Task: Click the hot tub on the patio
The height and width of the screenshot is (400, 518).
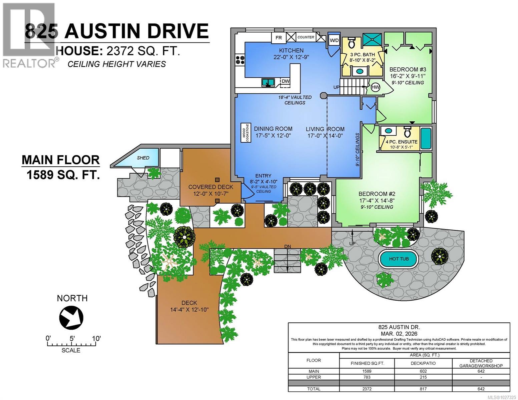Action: point(398,259)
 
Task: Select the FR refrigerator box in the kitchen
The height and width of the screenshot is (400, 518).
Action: point(278,38)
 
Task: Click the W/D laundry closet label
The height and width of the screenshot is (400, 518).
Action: point(334,41)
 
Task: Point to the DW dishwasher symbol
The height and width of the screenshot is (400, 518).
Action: point(285,81)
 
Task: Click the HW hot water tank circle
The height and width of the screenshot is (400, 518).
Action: point(375,87)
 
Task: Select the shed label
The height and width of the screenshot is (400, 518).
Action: point(143,158)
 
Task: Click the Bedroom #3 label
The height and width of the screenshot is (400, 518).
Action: point(408,69)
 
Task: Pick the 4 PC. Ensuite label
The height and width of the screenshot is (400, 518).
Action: point(401,142)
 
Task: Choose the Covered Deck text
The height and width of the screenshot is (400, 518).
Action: point(210,187)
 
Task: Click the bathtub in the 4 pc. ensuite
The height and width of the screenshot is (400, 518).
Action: point(425,138)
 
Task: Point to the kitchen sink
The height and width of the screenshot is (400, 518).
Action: point(268,82)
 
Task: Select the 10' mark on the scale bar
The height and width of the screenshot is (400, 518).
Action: point(96,339)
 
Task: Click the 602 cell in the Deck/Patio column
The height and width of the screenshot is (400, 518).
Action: point(423,371)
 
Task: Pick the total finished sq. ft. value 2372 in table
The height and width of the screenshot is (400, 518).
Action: point(367,389)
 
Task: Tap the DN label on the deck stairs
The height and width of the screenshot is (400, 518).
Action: point(287,246)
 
